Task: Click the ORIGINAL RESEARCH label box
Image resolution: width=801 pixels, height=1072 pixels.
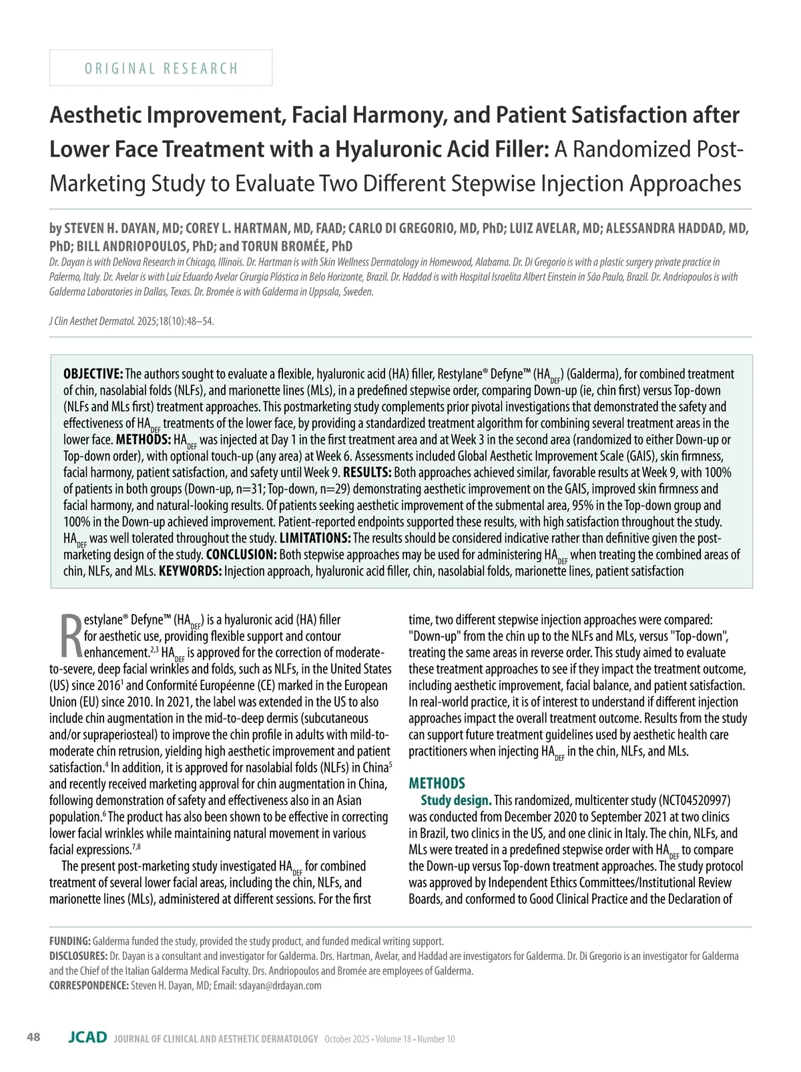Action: click(161, 68)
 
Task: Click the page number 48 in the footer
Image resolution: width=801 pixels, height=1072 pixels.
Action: click(33, 1037)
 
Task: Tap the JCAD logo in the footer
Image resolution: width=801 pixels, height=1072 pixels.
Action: click(87, 1037)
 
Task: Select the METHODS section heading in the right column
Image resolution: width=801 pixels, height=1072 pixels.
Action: click(437, 783)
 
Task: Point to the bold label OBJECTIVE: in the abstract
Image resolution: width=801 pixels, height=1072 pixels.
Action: click(93, 374)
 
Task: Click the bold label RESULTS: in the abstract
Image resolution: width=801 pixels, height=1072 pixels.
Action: click(367, 473)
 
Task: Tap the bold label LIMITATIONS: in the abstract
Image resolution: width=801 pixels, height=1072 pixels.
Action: click(314, 538)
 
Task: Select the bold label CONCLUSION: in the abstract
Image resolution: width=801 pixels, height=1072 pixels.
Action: click(241, 555)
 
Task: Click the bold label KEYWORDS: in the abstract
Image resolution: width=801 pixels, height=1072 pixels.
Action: click(190, 571)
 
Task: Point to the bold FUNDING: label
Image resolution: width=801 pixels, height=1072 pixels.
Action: click(70, 941)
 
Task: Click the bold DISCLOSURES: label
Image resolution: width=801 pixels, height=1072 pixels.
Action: click(78, 956)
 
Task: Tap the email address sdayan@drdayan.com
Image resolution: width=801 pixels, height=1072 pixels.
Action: click(280, 985)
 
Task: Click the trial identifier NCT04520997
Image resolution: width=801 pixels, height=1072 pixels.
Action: click(694, 800)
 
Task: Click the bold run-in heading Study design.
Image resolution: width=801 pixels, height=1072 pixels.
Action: click(456, 800)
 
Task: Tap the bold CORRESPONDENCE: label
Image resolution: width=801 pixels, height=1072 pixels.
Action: click(89, 985)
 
